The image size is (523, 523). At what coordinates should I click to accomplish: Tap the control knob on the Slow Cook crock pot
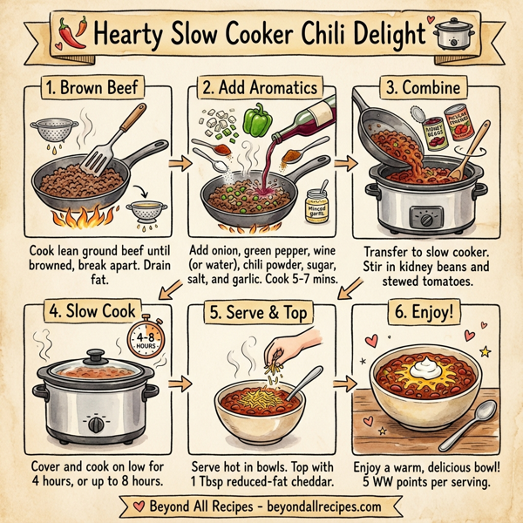[95, 424]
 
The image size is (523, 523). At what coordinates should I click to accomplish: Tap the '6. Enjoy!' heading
[427, 310]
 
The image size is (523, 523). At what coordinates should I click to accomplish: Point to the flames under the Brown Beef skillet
[84, 210]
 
